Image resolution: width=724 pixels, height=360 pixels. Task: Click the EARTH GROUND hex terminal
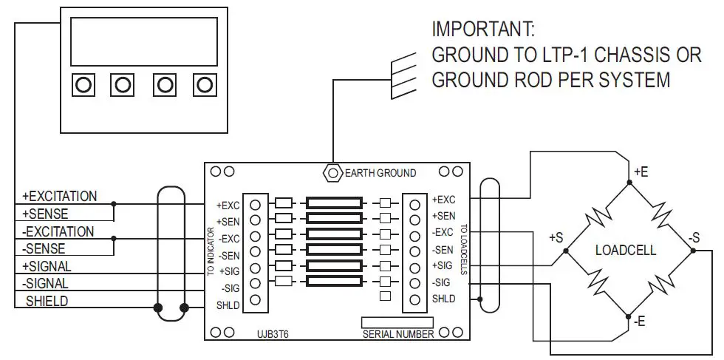(331, 173)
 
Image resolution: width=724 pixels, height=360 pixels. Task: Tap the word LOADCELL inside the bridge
(626, 251)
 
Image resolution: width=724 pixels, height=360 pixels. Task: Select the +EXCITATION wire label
(60, 197)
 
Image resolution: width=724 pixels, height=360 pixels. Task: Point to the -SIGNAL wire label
(47, 283)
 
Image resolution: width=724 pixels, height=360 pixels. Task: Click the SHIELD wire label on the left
(47, 301)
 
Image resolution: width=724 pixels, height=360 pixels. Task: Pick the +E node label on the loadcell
(641, 171)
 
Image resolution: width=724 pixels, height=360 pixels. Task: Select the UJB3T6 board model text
(273, 334)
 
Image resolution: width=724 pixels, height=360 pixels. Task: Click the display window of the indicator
(144, 41)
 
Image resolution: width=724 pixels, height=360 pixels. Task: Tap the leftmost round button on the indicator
(83, 85)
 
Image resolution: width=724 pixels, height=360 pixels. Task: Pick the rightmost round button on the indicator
(205, 85)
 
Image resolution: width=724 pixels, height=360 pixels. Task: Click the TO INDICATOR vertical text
(211, 251)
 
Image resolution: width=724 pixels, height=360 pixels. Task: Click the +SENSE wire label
(46, 214)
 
